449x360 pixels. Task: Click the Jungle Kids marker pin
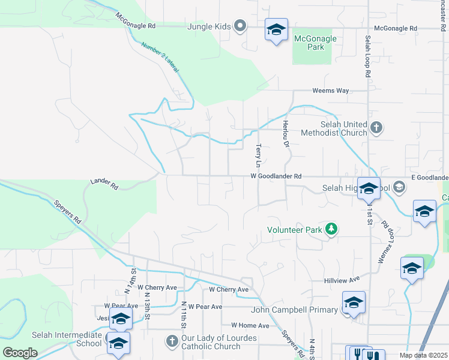[x=240, y=25]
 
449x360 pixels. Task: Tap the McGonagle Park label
[x=315, y=43]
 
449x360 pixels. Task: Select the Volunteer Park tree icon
[x=331, y=229]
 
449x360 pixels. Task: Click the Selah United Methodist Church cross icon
[x=376, y=128]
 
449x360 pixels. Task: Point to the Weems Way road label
[x=330, y=91]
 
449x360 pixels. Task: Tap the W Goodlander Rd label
[x=276, y=176]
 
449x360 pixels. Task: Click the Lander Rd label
[x=104, y=184]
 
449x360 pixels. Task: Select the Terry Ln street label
[x=259, y=155]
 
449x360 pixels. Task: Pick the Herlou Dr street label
[x=286, y=134]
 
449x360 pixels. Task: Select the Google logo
[x=20, y=352]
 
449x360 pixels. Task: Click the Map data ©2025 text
[x=423, y=355]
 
